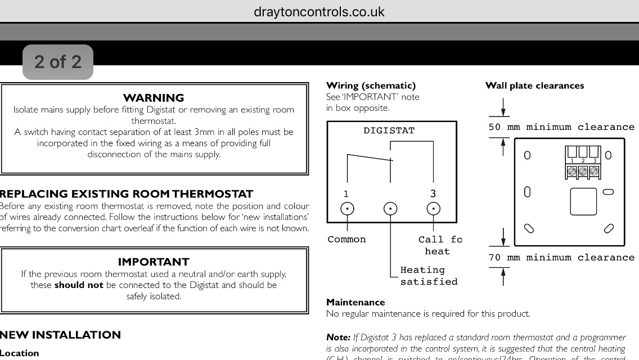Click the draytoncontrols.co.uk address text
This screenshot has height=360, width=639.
click(x=319, y=12)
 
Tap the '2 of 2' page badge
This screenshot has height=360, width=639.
click(x=57, y=61)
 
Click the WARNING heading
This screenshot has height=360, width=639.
click(x=154, y=98)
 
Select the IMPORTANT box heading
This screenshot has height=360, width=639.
click(x=154, y=262)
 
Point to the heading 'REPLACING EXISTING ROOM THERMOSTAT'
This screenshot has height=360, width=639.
click(x=127, y=194)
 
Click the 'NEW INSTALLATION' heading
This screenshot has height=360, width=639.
click(x=60, y=335)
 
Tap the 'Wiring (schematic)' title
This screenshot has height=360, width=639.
click(x=371, y=85)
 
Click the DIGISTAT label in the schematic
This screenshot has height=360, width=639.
click(x=389, y=130)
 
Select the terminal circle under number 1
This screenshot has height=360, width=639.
click(x=348, y=209)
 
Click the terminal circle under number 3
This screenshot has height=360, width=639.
click(x=433, y=209)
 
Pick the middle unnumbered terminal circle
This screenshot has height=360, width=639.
click(x=390, y=209)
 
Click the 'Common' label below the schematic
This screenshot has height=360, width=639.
click(x=346, y=240)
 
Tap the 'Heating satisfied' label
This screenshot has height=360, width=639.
click(x=428, y=276)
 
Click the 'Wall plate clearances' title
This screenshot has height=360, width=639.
click(x=534, y=85)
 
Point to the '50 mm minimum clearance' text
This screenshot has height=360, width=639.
click(x=561, y=127)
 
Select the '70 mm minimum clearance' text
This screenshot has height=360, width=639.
click(x=561, y=258)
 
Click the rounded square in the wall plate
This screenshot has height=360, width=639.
click(x=583, y=201)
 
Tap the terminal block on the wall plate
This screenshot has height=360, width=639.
click(x=583, y=163)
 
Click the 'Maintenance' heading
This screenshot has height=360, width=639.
click(x=355, y=302)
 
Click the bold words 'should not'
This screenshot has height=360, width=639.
click(x=79, y=285)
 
